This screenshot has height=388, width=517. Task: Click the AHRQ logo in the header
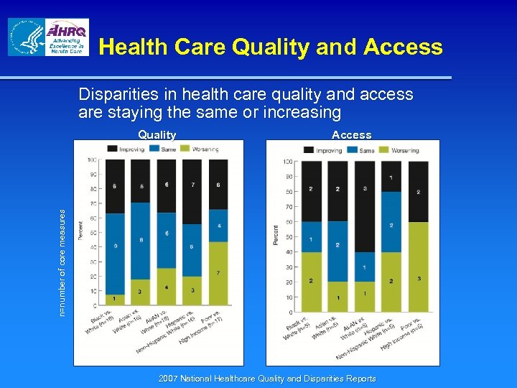click(x=67, y=37)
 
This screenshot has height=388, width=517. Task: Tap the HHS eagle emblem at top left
click(x=27, y=37)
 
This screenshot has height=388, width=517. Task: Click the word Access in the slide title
click(x=403, y=47)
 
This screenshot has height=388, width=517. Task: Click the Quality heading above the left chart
click(x=157, y=134)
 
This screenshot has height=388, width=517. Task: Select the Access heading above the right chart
click(x=351, y=134)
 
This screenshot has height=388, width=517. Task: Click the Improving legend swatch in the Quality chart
click(x=112, y=149)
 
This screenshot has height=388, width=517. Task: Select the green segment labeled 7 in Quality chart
click(x=218, y=273)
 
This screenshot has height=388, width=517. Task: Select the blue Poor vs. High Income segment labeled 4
click(x=218, y=226)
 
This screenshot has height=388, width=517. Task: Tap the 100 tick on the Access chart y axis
click(x=287, y=161)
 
